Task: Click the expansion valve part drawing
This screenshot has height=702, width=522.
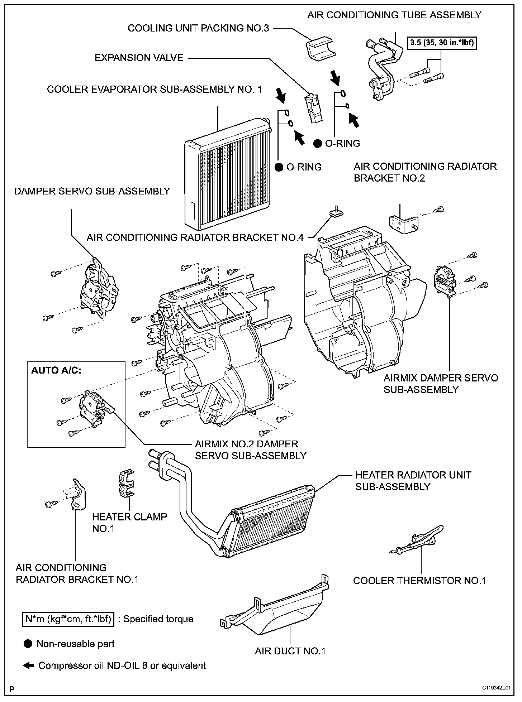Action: (312, 109)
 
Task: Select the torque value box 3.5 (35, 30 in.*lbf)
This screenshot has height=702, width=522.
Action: (443, 43)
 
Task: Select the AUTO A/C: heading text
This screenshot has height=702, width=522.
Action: (56, 370)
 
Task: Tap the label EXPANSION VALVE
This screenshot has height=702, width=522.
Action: (139, 58)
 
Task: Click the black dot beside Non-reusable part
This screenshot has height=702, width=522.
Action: (28, 644)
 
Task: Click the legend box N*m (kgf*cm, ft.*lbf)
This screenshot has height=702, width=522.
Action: (68, 619)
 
